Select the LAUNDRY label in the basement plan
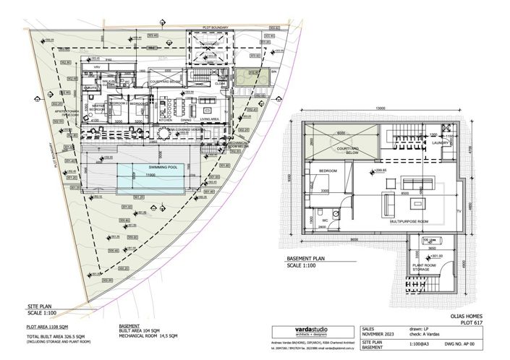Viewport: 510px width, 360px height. [x=439, y=142]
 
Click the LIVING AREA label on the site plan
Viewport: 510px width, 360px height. [x=210, y=120]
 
